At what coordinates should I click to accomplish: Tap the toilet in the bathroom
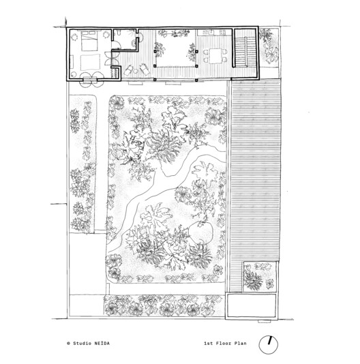118,34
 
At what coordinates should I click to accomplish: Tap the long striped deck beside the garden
256,170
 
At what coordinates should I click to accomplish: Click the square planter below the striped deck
256,277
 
